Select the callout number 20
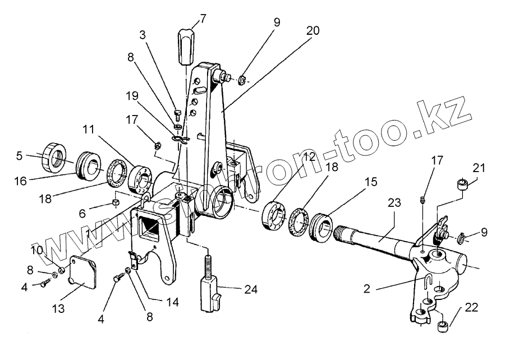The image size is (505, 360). (x=313, y=31)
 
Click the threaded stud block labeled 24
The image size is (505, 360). (x=209, y=289)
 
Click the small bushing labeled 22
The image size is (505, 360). (x=443, y=325)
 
